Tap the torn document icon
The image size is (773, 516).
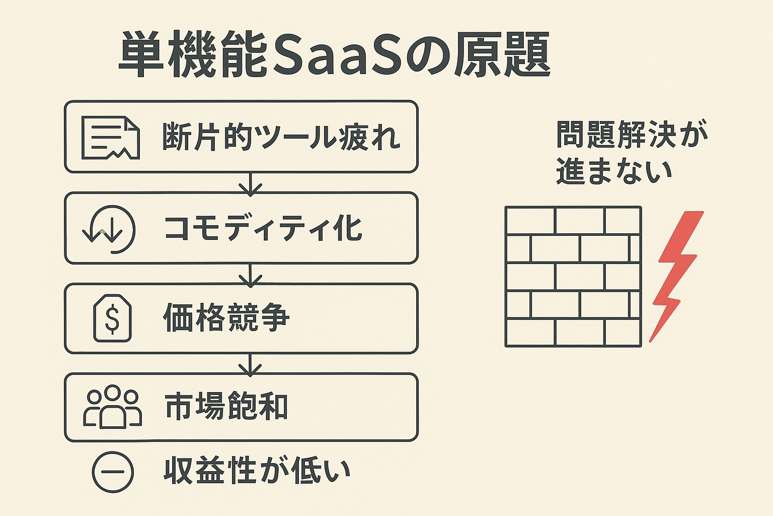coord(110,138)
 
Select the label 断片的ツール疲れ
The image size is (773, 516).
coord(281,137)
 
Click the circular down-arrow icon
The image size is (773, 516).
coord(109,229)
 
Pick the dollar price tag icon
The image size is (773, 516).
coord(113,318)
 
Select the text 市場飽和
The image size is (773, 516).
coord(226,407)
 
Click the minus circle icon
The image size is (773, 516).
coord(113,472)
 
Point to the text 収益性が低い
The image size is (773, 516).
coord(257,471)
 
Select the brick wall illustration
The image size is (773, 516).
coord(573,277)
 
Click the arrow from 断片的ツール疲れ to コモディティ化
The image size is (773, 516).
coord(251,183)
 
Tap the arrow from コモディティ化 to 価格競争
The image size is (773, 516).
coord(251,275)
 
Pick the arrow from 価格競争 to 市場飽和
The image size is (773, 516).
coord(251,364)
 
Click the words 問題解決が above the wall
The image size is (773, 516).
coord(632,135)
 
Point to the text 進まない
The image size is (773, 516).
coord(614,171)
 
